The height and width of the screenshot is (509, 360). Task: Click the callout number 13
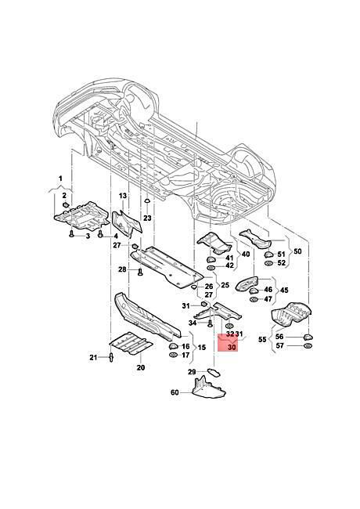123,196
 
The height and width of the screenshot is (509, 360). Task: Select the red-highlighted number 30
232,347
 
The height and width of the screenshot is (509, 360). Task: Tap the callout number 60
175,392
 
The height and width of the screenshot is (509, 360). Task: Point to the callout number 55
262,340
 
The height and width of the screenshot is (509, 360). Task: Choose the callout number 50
297,251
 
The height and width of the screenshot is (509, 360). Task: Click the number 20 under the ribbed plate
141,367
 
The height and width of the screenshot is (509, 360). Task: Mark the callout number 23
147,218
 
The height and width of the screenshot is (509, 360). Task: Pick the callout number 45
284,290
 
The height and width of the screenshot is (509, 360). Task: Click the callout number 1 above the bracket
60,179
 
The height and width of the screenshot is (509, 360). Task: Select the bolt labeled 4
100,233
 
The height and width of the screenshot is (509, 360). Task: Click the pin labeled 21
111,358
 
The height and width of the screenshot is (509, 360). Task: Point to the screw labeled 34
210,323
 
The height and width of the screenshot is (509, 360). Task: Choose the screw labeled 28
140,271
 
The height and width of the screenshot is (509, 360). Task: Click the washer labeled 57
307,346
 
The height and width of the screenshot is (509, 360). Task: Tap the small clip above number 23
146,200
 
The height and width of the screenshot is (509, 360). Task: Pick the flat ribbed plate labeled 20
131,343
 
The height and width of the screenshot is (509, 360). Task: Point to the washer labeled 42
211,268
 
